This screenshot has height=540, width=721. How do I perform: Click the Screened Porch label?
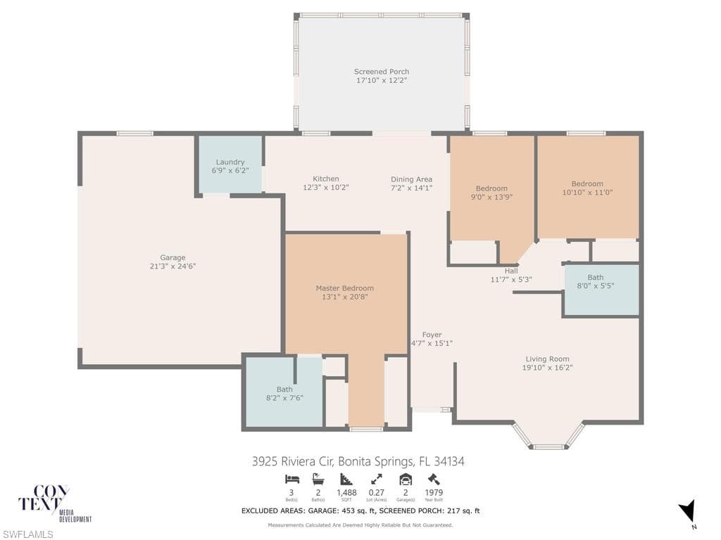pos(381,72)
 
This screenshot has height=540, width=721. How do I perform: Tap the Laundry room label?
pos(230,162)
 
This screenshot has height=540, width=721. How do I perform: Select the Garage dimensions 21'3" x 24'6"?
pos(173,266)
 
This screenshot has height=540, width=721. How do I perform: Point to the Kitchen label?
pos(325,179)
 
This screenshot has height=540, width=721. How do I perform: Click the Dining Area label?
pos(411,179)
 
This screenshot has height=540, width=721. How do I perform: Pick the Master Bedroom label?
pos(344,288)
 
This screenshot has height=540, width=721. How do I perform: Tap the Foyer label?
pos(432,335)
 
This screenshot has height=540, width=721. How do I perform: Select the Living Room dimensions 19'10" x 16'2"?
pos(547,367)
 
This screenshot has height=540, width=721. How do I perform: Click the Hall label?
pos(511,271)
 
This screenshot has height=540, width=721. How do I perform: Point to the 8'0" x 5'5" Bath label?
pos(596,277)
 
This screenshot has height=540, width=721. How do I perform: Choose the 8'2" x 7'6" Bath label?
pos(284,390)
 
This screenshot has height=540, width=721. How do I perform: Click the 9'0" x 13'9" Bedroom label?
pos(491,188)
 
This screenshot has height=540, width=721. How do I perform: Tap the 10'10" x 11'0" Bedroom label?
pos(587,184)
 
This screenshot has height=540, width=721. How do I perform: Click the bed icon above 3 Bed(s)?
pos(292,480)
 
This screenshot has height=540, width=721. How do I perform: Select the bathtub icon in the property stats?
pos(318,480)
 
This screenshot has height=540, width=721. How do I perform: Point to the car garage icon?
pos(406,480)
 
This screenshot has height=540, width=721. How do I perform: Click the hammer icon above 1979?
pos(434,480)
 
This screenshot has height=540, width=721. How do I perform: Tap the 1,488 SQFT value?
pos(346,493)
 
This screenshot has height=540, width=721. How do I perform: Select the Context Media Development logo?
pos(55,503)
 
